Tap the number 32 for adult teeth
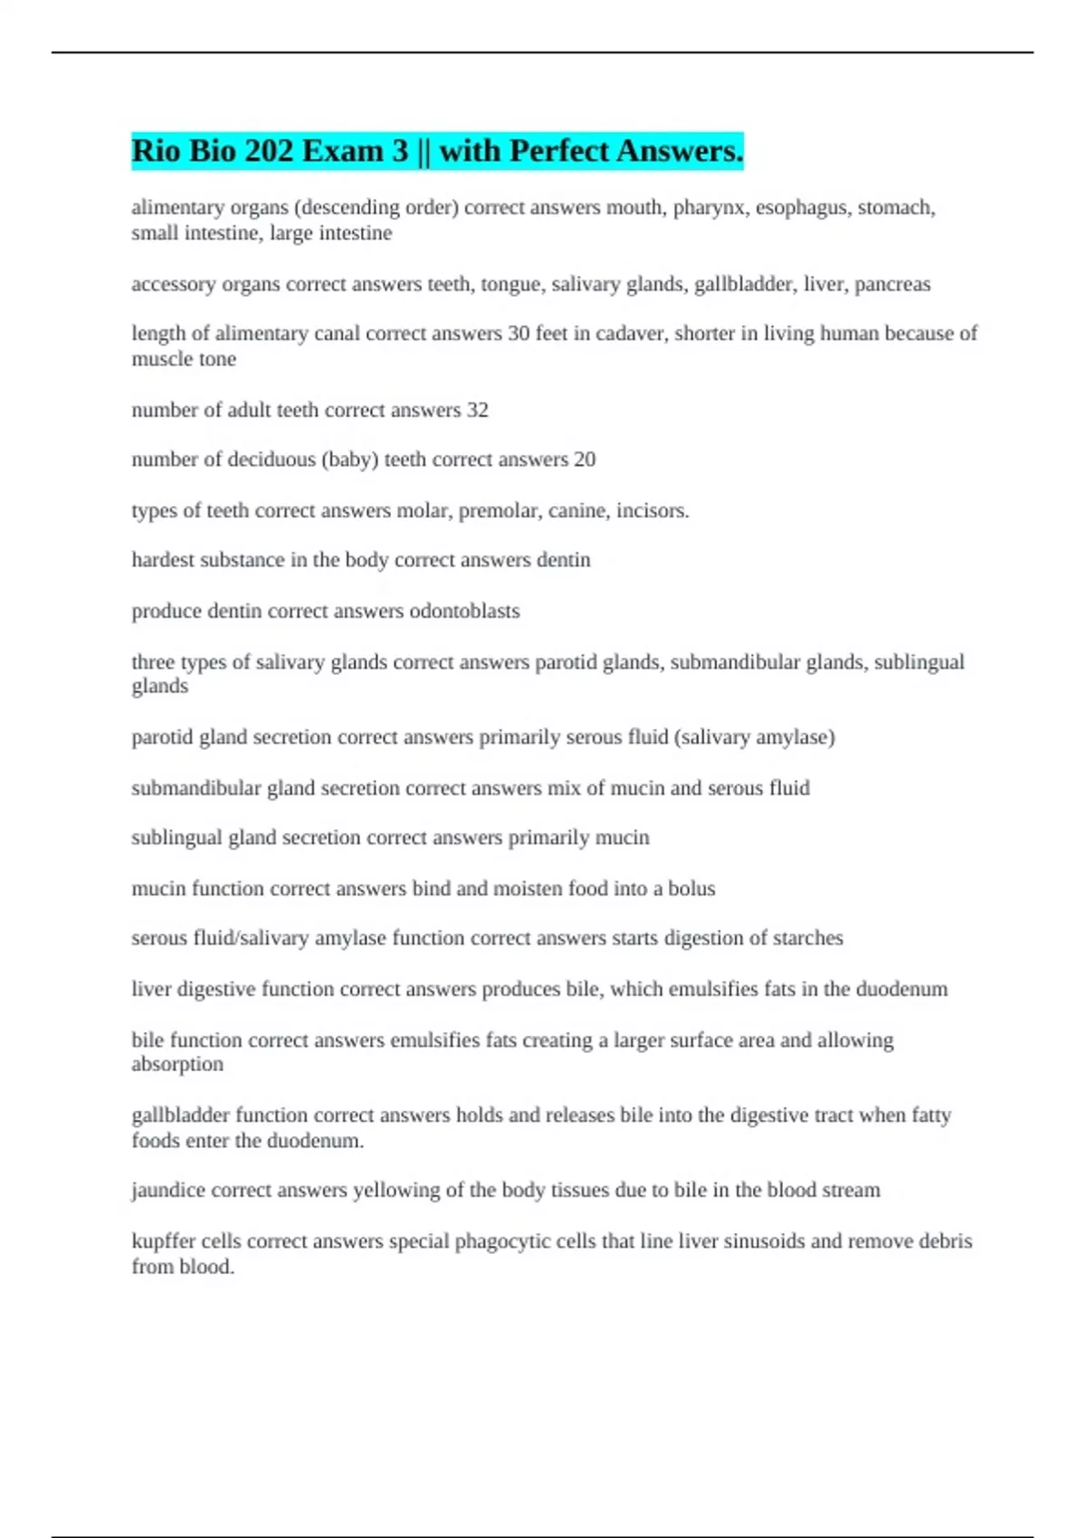pos(477,410)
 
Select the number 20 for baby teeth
pos(584,460)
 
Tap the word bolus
pos(691,888)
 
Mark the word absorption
pos(177,1065)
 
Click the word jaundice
pos(167,1191)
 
